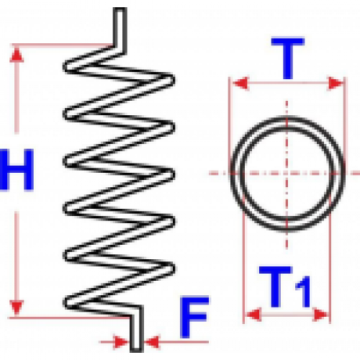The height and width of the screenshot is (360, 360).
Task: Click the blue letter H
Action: pos(17,170)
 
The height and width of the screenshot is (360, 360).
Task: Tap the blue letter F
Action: pos(194,318)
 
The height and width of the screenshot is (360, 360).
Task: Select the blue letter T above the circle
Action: pos(288,58)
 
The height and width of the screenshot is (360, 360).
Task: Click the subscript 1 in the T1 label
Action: pos(304,292)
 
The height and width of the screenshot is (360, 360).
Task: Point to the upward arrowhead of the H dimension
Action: pos(17,55)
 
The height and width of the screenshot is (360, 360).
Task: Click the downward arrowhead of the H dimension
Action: pos(17,307)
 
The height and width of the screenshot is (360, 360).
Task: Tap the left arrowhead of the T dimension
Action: pos(240,84)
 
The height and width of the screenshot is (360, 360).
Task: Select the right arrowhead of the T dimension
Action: pos(336,84)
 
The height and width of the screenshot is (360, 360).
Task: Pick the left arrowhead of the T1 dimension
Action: pos(254,315)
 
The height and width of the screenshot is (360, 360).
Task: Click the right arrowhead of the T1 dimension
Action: pos(320,315)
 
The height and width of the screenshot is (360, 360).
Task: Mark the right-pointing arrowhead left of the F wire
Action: pos(121,342)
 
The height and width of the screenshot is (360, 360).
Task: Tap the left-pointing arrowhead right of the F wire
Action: pos(152,342)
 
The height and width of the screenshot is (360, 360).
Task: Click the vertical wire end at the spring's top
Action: pos(120,27)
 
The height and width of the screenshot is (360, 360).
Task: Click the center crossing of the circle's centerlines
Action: pos(287,173)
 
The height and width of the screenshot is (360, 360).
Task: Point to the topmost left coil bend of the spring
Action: pos(68,66)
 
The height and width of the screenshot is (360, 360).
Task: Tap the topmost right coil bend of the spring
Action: pos(170,79)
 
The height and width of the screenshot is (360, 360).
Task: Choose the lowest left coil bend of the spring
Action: pos(68,302)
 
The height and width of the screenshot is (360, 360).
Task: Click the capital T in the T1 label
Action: pos(276,287)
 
